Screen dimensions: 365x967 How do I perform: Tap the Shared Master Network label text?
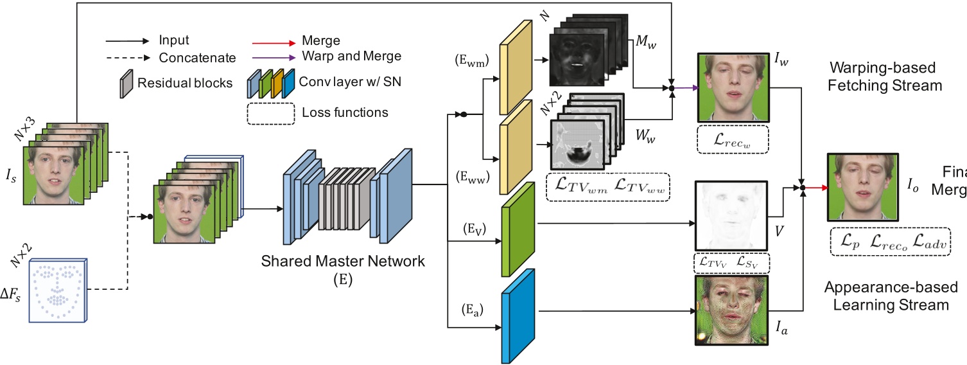click(x=343, y=262)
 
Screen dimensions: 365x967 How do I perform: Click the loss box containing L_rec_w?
click(x=732, y=139)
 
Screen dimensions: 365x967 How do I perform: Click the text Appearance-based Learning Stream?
click(x=890, y=296)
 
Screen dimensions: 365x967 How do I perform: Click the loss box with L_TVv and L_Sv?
click(x=731, y=263)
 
